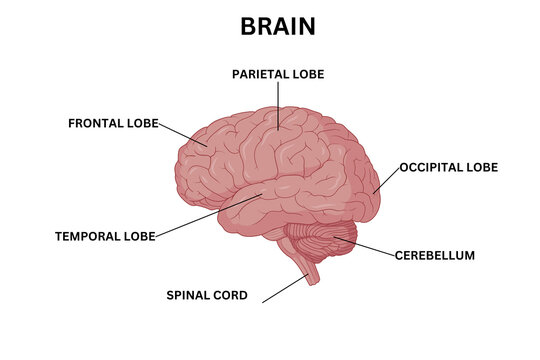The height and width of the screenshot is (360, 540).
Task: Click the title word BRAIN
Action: (277, 27)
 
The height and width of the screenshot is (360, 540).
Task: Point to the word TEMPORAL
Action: (89, 237)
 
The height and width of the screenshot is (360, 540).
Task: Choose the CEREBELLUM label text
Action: (435, 255)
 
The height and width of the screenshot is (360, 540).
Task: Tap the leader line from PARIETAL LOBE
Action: (278, 105)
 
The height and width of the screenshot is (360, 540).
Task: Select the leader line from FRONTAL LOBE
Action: (183, 136)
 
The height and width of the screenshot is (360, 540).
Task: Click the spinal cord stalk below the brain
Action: (312, 273)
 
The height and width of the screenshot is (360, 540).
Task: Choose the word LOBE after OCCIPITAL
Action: (483, 167)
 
